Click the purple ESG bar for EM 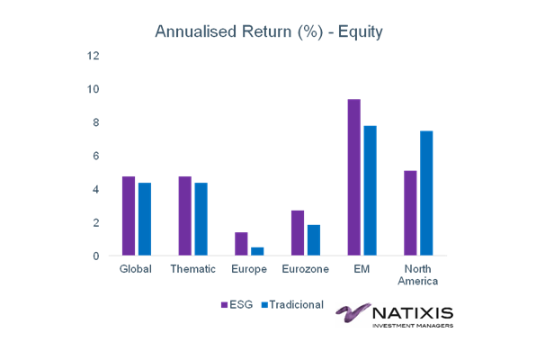(354, 177)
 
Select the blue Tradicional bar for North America (426, 193)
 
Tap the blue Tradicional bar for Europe (257, 251)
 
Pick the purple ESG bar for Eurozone (298, 233)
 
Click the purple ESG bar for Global (129, 216)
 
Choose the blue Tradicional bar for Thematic (201, 219)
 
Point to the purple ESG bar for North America (410, 213)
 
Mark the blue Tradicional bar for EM (371, 191)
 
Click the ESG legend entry (237, 304)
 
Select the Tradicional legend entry (292, 304)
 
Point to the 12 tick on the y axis (94, 56)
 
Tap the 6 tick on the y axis (96, 156)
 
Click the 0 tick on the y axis (96, 256)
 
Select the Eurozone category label (305, 269)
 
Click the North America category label (418, 274)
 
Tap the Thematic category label (192, 269)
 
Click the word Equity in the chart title (360, 32)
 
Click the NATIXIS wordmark (413, 313)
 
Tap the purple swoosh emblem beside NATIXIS (353, 312)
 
